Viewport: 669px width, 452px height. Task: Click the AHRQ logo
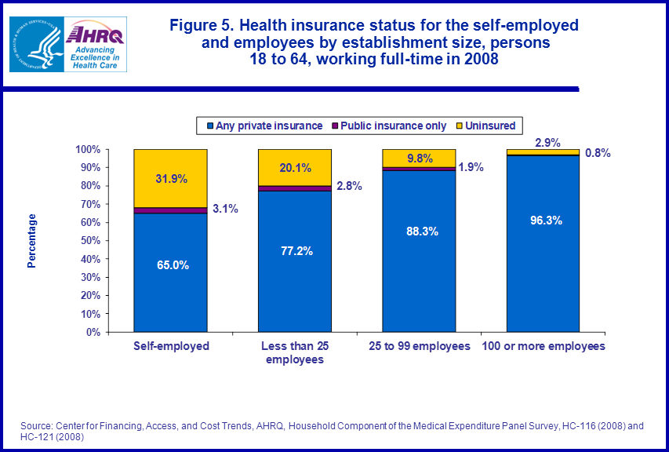(94, 46)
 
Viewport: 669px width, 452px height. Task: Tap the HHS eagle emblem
(35, 46)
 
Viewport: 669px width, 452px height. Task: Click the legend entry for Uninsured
(489, 126)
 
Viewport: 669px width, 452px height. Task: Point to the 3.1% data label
(225, 209)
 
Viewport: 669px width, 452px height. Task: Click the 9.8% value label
(418, 158)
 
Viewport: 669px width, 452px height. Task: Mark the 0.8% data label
(597, 153)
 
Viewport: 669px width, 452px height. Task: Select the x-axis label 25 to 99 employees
(419, 346)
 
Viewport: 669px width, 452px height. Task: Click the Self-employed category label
(171, 346)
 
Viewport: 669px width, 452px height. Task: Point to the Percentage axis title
(32, 241)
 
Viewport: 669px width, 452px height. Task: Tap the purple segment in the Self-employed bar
(170, 210)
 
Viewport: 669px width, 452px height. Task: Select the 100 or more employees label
(543, 346)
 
